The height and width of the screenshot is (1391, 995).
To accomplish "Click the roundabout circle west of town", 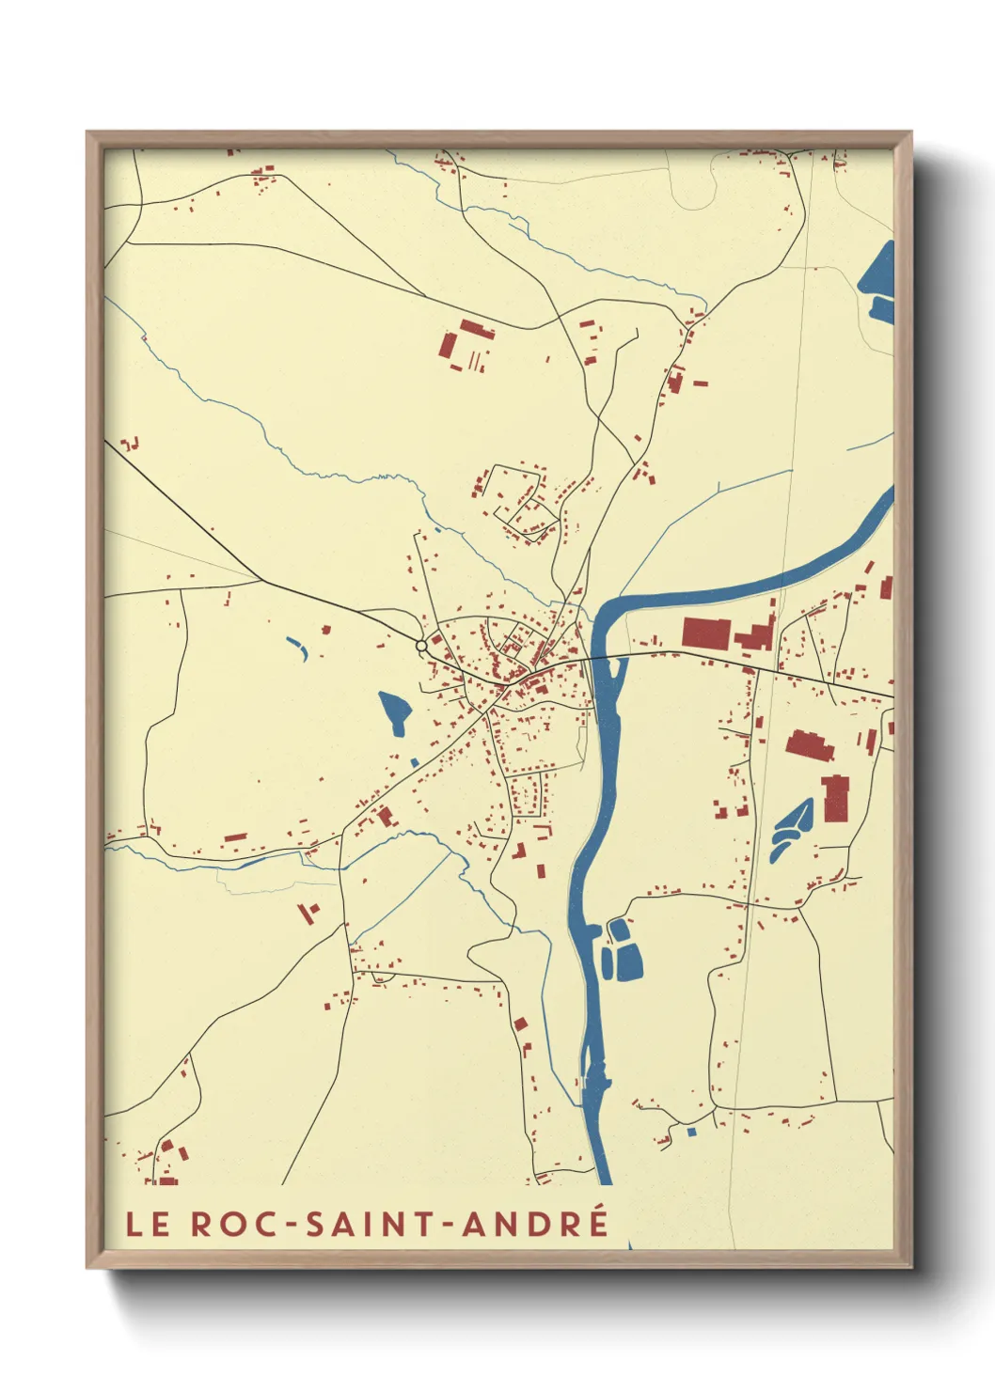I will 421,646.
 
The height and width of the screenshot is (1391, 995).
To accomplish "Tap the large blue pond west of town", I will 394,711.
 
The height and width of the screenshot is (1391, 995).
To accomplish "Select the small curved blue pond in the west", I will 298,648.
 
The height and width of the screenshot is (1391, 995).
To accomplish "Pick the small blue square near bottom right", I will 692,1132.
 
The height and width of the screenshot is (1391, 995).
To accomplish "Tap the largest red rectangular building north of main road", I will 705,633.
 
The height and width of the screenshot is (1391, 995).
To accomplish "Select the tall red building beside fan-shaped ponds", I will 835,798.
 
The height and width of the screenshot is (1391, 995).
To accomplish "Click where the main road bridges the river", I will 602,658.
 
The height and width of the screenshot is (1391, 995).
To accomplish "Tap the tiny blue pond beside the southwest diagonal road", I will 414,762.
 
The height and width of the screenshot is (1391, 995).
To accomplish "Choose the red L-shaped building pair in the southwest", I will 308,912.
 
